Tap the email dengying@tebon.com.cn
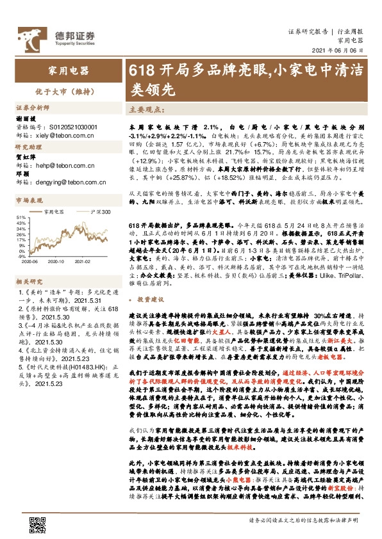[69, 182]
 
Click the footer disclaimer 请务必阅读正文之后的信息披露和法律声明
[301, 520]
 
